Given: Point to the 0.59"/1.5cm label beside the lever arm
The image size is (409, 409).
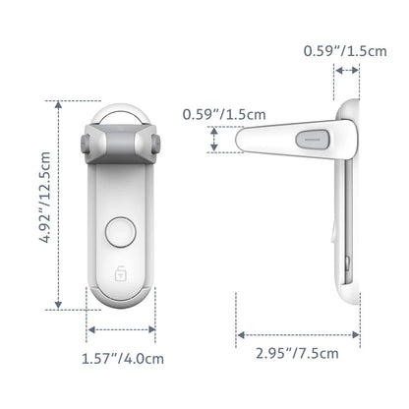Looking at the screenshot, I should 223,114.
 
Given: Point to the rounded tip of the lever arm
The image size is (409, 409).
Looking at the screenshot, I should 242,142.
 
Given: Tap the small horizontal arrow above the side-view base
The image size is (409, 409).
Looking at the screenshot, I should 347,70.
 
